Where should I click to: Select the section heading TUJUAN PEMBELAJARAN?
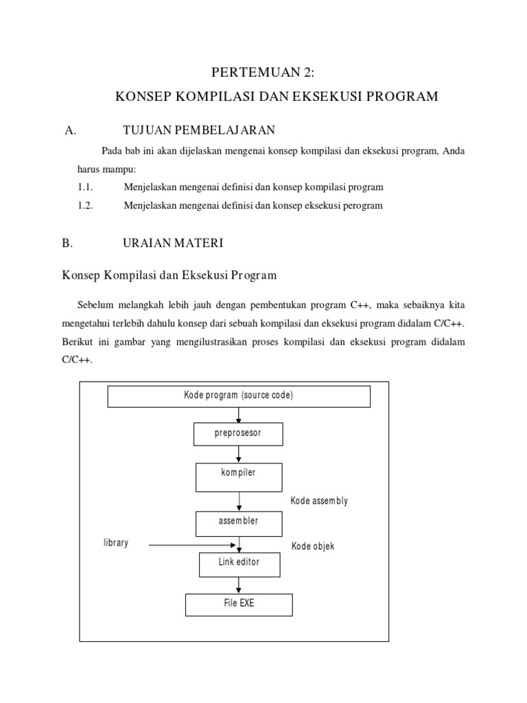[x=198, y=130]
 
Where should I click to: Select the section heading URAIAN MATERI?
[x=172, y=243]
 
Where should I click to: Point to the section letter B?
[x=67, y=243]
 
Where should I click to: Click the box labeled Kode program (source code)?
[x=238, y=396]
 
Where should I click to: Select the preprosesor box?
[x=238, y=434]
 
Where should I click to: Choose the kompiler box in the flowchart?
[x=238, y=476]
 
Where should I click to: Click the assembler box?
[x=238, y=523]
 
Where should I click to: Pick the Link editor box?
[x=239, y=564]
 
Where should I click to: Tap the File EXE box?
[x=238, y=604]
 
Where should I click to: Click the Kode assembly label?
[x=319, y=501]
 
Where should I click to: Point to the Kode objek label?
[x=313, y=546]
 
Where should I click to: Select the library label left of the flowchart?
[x=115, y=543]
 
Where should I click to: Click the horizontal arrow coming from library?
[x=192, y=546]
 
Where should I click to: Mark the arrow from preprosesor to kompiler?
[x=238, y=454]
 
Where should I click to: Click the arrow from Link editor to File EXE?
[x=239, y=584]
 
